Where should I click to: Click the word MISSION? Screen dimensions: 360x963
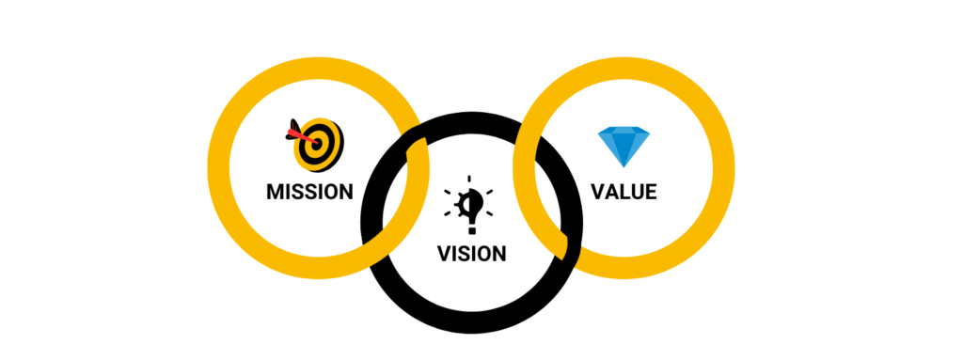click(x=309, y=192)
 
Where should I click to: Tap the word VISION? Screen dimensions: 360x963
click(x=471, y=253)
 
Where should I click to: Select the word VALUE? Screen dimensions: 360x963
click(x=624, y=192)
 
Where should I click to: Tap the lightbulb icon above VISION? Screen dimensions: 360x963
click(x=471, y=201)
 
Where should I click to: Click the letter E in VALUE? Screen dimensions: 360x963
click(x=650, y=192)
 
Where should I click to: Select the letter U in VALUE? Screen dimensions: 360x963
click(x=636, y=192)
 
